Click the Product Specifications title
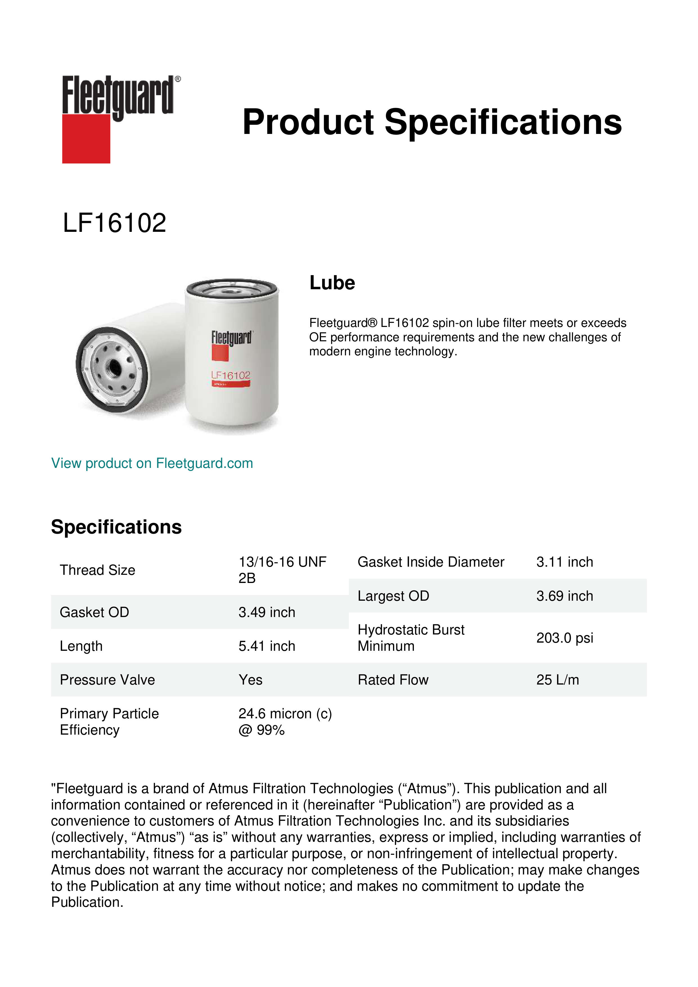(x=432, y=122)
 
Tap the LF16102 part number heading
(x=114, y=223)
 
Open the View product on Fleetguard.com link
(x=152, y=463)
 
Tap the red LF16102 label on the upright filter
(x=231, y=375)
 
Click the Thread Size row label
(x=98, y=570)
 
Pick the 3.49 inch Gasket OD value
(x=267, y=612)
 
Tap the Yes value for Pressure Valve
(x=251, y=680)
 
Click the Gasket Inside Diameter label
(x=431, y=562)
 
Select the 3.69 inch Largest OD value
(x=564, y=596)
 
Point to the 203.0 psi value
(x=564, y=638)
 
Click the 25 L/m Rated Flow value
(x=557, y=680)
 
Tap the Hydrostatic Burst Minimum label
(x=411, y=638)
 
